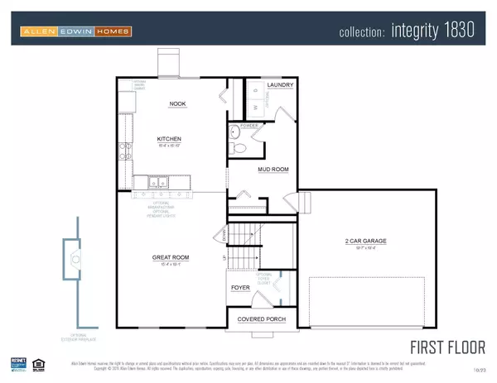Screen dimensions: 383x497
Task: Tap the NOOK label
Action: [177, 103]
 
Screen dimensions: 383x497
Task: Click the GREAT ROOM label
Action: [171, 257]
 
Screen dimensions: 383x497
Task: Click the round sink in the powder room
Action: [234, 132]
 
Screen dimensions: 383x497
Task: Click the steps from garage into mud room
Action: [303, 200]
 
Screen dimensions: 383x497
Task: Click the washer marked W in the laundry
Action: [256, 106]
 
